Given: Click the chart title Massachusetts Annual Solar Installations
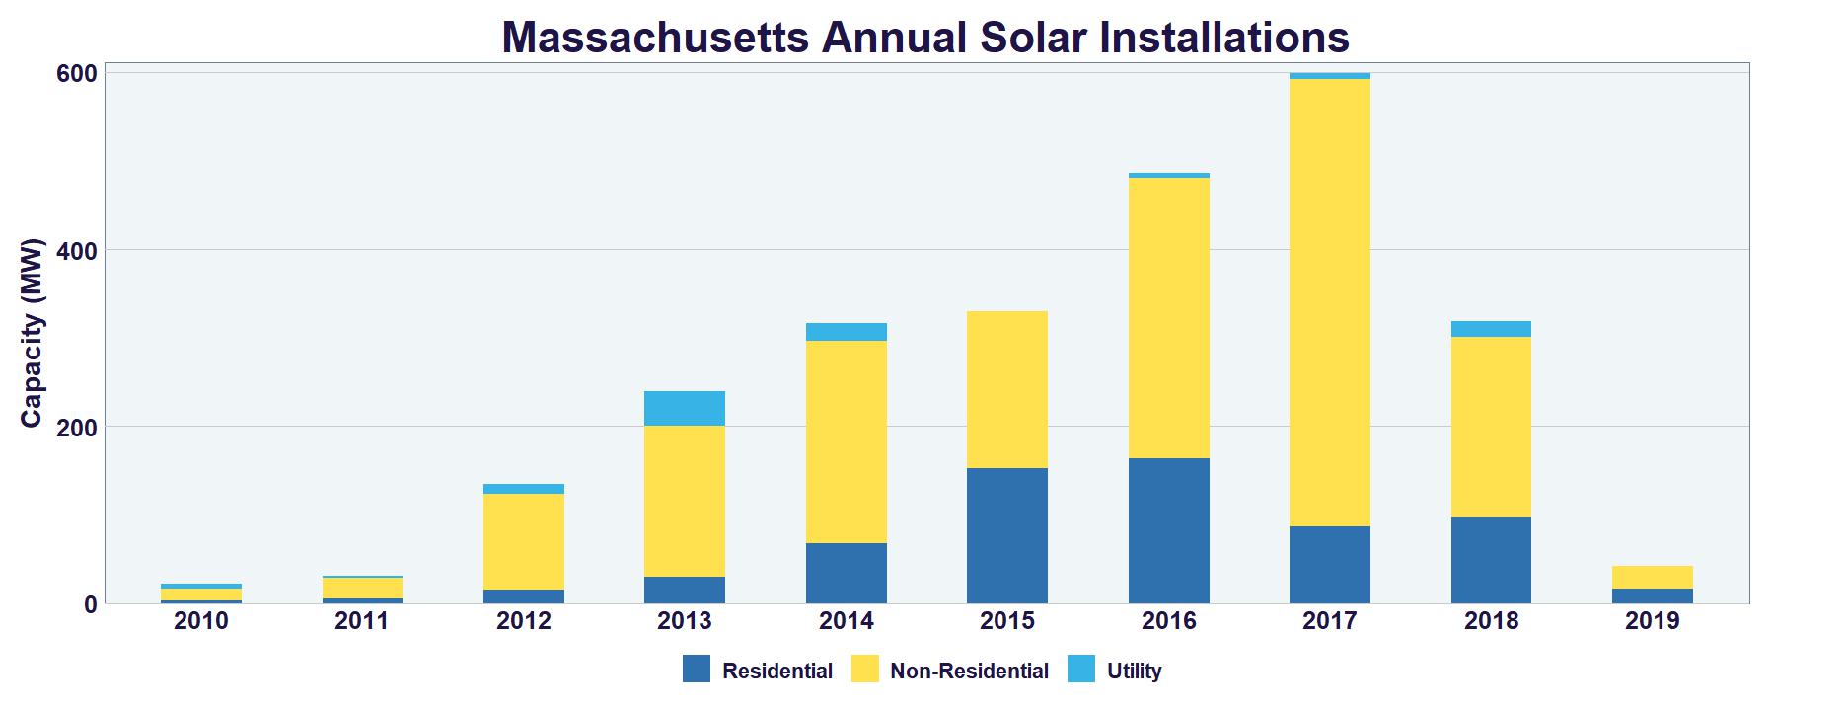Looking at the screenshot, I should pyautogui.click(x=924, y=38).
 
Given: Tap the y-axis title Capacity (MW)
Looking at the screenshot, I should pyautogui.click(x=32, y=332).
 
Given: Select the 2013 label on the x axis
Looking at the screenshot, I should pyautogui.click(x=685, y=621).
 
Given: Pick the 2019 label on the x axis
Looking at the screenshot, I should pyautogui.click(x=1652, y=621).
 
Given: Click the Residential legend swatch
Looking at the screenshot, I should pyautogui.click(x=697, y=670).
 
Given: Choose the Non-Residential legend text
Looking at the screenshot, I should pyautogui.click(x=969, y=671).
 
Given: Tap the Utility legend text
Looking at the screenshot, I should pyautogui.click(x=1134, y=671).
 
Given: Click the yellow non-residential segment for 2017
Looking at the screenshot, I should pyautogui.click(x=1329, y=302).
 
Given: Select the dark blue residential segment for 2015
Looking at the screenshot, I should pyautogui.click(x=1007, y=535).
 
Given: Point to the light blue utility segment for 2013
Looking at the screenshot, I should pyautogui.click(x=685, y=408).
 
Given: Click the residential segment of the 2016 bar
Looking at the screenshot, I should pyautogui.click(x=1168, y=530).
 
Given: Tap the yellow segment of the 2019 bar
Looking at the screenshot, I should pyautogui.click(x=1652, y=577).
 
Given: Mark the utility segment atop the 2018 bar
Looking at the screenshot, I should pyautogui.click(x=1491, y=329).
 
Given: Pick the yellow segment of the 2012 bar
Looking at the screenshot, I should pyautogui.click(x=524, y=541).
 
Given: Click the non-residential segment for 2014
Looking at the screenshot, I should pyautogui.click(x=846, y=441).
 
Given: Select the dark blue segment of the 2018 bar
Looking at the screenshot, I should pyautogui.click(x=1491, y=560).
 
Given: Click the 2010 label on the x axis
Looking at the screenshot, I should pyautogui.click(x=200, y=621).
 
